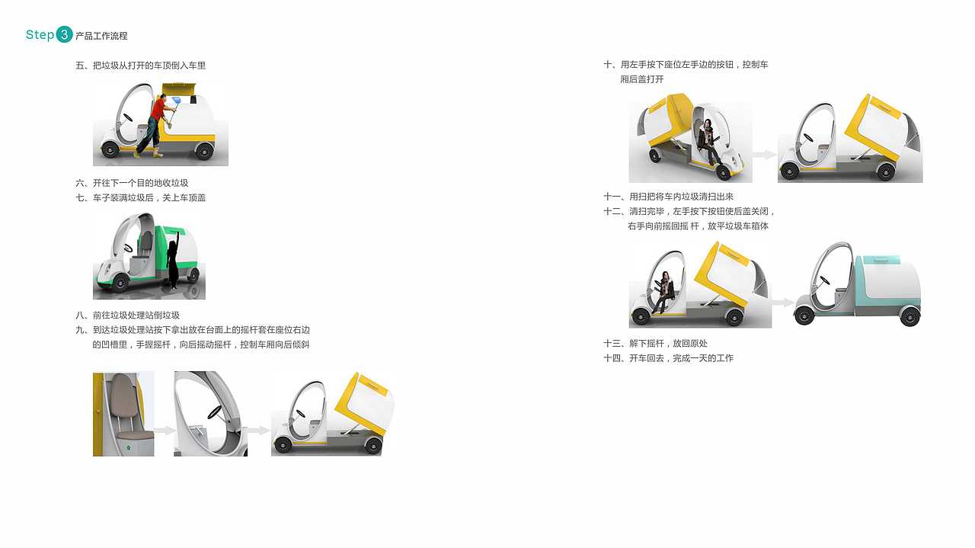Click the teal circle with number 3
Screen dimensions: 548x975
[65, 34]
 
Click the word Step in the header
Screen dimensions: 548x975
[40, 34]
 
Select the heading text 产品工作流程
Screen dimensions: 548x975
[101, 36]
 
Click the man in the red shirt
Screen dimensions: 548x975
[156, 122]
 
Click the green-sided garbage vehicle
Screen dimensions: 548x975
[149, 255]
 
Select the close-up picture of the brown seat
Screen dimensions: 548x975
[123, 414]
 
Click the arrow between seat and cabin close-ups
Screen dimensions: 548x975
[164, 431]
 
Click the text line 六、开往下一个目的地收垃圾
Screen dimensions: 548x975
[132, 183]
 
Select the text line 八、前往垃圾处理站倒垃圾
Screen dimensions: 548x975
[127, 316]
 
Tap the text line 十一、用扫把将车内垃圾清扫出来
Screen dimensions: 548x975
[668, 197]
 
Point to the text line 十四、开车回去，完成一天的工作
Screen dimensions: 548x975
[668, 358]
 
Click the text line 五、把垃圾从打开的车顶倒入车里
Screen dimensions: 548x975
[140, 66]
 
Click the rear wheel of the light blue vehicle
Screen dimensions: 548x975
[909, 316]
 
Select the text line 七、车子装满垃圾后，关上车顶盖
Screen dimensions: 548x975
[140, 197]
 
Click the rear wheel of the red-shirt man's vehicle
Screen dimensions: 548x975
[203, 151]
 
